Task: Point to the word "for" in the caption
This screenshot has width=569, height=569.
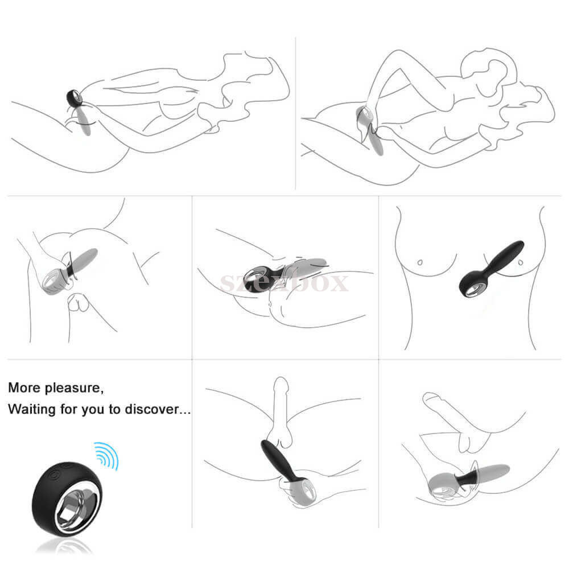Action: pos(69,409)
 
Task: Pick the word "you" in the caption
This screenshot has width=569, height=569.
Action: pos(94,410)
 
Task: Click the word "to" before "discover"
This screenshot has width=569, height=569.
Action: pos(115,409)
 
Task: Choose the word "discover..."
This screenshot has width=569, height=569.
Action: pos(158,409)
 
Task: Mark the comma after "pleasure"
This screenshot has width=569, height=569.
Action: pos(102,392)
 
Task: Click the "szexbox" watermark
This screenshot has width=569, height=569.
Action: pos(284,283)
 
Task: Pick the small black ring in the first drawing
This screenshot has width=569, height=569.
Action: pos(74,98)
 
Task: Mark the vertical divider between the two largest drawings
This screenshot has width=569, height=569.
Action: pos(295,113)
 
